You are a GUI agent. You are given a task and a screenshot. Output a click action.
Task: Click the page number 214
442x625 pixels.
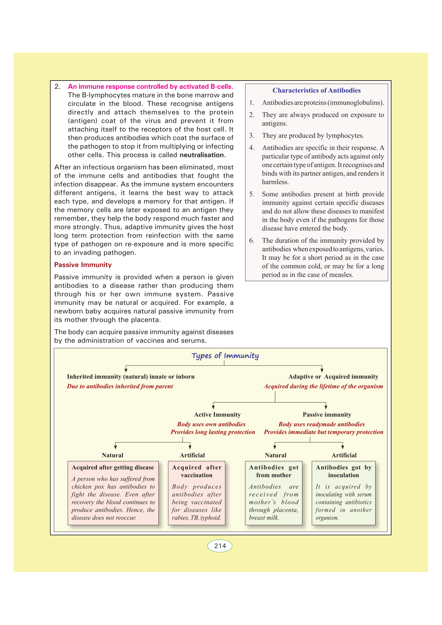point(220,546)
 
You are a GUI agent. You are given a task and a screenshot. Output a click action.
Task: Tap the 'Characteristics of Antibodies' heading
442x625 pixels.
point(316,90)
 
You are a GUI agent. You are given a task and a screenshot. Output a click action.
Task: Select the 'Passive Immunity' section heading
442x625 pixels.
point(83,265)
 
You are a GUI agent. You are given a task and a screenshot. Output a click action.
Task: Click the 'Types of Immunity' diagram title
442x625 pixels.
point(225,356)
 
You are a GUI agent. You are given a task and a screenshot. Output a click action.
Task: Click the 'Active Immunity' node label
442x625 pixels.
point(217,415)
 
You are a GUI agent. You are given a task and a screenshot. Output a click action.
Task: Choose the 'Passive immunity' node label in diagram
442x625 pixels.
point(327,415)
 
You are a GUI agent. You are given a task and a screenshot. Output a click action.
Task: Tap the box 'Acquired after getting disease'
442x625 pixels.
point(113,493)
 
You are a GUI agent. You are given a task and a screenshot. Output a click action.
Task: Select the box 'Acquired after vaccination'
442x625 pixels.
point(197,493)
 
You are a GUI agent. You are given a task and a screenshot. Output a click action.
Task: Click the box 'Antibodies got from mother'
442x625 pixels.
point(274,493)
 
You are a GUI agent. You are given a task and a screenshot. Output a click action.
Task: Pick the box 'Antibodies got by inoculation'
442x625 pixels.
point(343,493)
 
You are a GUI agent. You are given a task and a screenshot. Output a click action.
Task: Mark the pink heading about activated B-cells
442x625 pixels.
point(150,86)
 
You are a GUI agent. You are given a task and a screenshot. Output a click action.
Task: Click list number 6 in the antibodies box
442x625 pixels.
point(252,240)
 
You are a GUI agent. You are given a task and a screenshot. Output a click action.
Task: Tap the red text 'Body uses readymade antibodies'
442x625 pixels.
point(321,424)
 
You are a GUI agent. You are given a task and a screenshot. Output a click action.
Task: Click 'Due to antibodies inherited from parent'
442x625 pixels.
point(120,386)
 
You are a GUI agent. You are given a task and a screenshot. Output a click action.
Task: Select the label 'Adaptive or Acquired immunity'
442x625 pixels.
point(333,376)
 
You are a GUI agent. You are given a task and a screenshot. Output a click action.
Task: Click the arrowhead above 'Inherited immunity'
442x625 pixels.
point(126,370)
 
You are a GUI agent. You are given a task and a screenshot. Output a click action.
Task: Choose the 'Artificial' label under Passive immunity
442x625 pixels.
point(344,455)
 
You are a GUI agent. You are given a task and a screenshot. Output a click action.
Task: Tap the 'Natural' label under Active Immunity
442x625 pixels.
point(112,455)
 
